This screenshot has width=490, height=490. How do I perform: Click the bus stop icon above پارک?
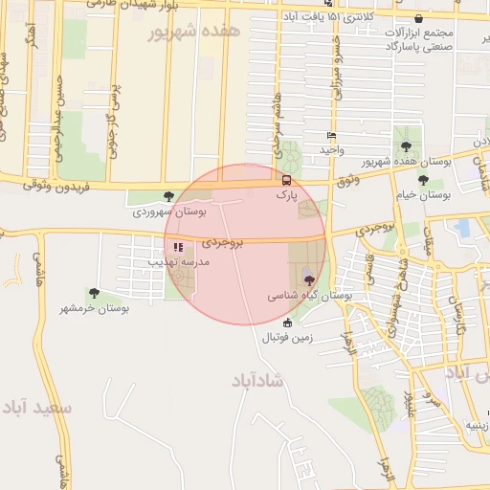[x=286, y=179]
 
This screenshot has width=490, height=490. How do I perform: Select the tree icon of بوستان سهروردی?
[x=169, y=196]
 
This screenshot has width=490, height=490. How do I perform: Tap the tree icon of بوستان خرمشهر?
[x=94, y=293]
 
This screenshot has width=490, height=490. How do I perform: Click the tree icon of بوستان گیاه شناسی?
[x=308, y=278]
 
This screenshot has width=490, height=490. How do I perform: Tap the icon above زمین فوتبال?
[x=288, y=323]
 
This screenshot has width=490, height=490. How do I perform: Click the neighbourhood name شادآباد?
[x=258, y=380]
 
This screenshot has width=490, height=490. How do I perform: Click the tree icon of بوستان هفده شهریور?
[x=407, y=146]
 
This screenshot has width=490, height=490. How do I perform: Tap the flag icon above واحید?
[x=332, y=136]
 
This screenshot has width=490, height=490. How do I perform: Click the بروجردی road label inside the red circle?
[x=223, y=243]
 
